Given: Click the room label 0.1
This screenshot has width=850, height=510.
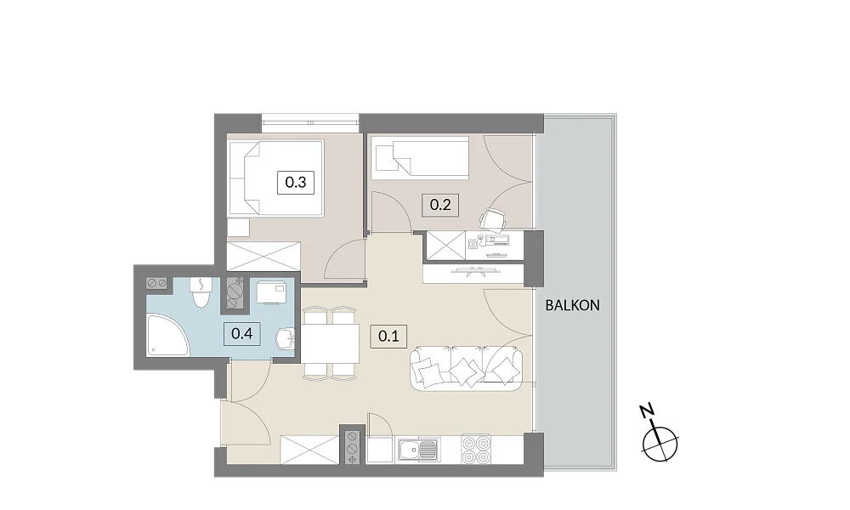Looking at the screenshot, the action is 388,336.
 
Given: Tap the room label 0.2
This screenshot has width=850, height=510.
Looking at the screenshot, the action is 440,205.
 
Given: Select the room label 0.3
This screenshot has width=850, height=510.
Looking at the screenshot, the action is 296,182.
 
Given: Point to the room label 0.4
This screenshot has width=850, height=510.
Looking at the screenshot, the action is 241,333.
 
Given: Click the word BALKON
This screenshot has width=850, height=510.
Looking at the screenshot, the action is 572,306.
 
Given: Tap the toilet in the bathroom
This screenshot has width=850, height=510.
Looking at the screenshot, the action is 201,292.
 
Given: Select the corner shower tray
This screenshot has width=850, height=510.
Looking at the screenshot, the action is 167,336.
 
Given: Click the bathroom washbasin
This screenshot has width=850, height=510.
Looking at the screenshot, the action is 285,340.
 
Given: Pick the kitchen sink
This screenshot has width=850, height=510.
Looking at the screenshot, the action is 418,450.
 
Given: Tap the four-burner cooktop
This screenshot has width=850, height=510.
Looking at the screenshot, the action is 476,450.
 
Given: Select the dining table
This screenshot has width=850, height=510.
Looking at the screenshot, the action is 330,343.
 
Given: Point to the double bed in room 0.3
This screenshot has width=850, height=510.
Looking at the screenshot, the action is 276,178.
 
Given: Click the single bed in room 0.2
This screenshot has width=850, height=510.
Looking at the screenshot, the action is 420,158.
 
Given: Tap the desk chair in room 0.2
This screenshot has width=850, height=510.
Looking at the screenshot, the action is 493,219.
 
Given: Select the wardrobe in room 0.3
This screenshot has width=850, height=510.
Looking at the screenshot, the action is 263,257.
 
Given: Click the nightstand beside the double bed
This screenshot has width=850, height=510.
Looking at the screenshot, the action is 239,228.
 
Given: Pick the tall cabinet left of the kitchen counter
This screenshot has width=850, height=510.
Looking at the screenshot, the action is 310,450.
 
